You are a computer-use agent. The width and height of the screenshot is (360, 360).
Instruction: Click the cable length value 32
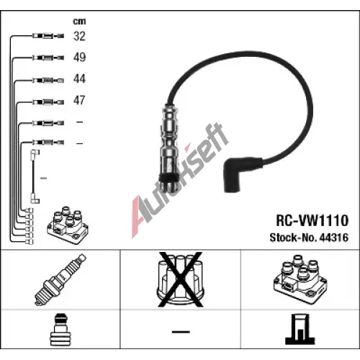pyautogui.click(x=79, y=36)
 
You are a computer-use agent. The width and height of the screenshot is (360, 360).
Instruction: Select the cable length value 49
pyautogui.click(x=79, y=57)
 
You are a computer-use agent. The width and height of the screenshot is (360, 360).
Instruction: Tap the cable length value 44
pyautogui.click(x=79, y=78)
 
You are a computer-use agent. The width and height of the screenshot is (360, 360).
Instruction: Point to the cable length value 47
pyautogui.click(x=79, y=100)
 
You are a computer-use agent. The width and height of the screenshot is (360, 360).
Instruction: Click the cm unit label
pyautogui.click(x=79, y=22)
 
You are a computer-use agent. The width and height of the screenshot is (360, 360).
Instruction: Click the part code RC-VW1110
pyautogui.click(x=312, y=220)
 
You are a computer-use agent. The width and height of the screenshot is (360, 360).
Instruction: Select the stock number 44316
pyautogui.click(x=334, y=238)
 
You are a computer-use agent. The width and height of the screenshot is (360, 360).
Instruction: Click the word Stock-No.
pyautogui.click(x=293, y=238)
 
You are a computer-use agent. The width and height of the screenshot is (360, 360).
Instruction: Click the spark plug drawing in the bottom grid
pyautogui.click(x=60, y=279)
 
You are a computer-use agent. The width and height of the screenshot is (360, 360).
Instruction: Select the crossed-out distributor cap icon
pyautogui.click(x=181, y=279)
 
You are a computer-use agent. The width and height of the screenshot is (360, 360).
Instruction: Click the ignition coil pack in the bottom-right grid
pyautogui.click(x=300, y=279)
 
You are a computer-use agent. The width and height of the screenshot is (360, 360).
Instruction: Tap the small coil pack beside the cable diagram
pyautogui.click(x=68, y=225)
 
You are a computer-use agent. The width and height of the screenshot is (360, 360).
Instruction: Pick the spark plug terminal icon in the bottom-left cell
pyautogui.click(x=60, y=330)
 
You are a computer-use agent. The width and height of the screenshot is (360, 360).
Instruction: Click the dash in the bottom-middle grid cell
pyautogui.click(x=181, y=332)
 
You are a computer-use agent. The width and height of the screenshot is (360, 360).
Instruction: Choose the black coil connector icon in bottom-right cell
pyautogui.click(x=300, y=329)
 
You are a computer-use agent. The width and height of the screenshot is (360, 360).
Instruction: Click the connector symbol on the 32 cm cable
pyautogui.click(x=48, y=36)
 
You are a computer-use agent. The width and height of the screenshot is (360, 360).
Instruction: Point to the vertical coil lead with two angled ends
pyautogui.click(x=35, y=176)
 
